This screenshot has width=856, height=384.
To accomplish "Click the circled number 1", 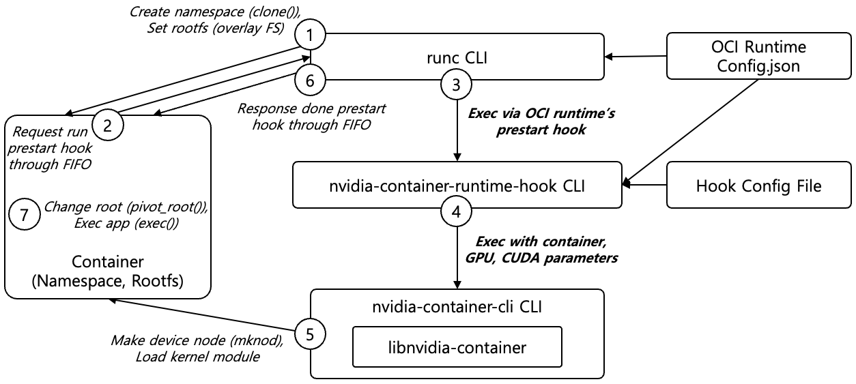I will (310, 35).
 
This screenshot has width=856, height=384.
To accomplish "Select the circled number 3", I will (456, 85).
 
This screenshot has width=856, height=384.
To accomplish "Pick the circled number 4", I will (456, 209).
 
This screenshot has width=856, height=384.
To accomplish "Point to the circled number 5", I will (311, 334).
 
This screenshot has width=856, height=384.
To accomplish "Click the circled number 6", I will (310, 80).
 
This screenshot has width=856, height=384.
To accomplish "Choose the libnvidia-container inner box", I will (456, 347).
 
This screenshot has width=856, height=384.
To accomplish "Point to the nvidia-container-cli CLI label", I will (456, 307).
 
